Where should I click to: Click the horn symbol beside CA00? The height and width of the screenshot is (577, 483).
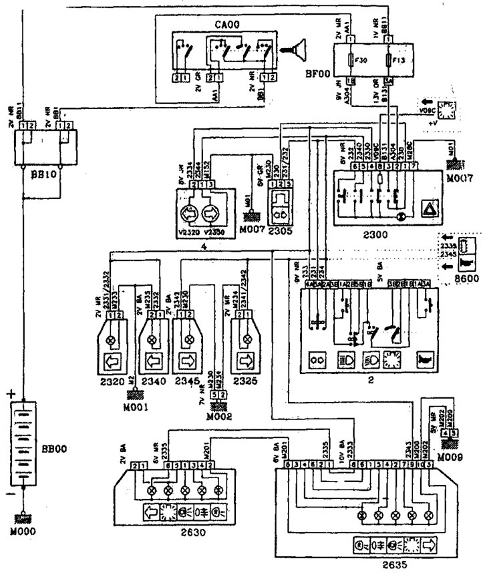(291, 48)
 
